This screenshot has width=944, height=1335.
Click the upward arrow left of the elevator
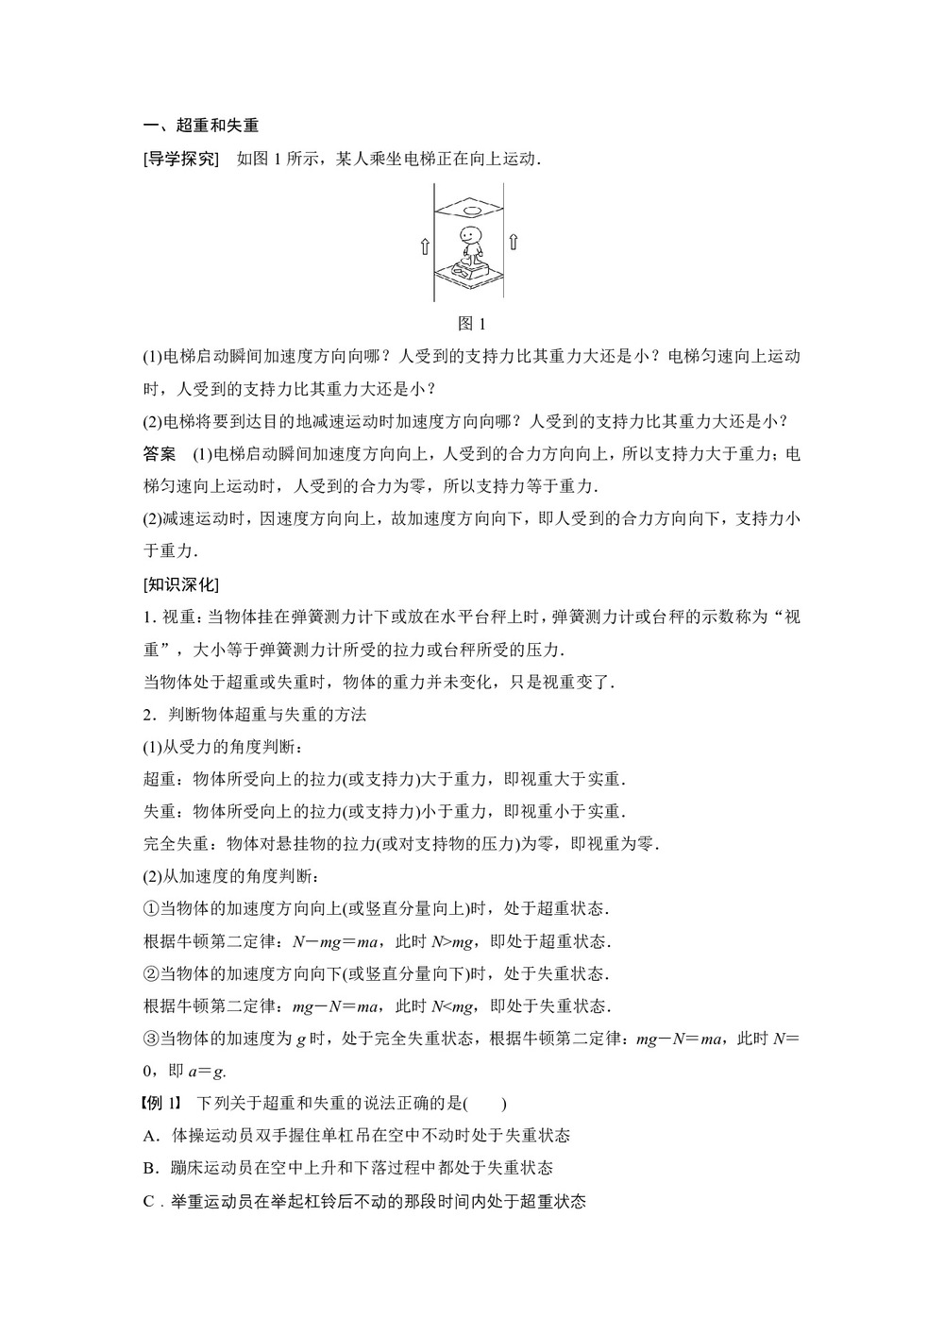pyautogui.click(x=426, y=246)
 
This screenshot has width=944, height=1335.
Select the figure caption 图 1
pyautogui.click(x=471, y=324)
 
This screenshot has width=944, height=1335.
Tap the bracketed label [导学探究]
pyautogui.click(x=180, y=159)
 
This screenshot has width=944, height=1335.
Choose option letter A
pyautogui.click(x=149, y=1135)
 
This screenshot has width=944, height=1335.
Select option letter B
pyautogui.click(x=149, y=1168)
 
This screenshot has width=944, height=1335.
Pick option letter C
pyautogui.click(x=149, y=1201)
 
